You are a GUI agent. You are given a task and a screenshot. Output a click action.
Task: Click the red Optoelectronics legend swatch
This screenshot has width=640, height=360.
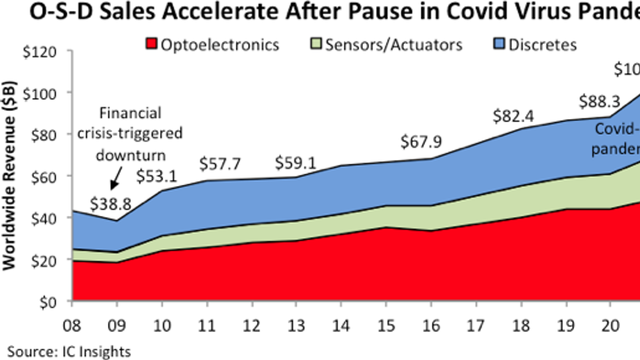[152, 44]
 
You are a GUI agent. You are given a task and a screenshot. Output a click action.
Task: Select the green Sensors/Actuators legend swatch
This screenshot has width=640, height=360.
[316, 44]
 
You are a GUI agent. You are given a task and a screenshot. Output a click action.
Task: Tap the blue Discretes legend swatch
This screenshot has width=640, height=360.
[499, 44]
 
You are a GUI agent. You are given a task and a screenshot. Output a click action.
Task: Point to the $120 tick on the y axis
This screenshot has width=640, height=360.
[40, 52]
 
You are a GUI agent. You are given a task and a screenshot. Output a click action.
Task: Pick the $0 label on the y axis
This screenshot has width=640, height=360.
[47, 302]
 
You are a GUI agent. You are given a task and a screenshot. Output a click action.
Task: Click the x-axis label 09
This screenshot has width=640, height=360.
[117, 326]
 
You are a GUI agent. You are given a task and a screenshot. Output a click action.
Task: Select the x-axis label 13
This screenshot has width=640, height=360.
[296, 326]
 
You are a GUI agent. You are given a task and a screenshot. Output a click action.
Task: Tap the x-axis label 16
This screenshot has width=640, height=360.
[431, 326]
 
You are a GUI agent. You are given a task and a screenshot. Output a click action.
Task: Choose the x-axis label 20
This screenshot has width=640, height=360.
[610, 326]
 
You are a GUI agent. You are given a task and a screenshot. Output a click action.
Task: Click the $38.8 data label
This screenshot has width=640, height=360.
[110, 204]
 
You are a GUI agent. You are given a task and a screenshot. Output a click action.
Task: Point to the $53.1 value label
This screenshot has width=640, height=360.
[156, 176]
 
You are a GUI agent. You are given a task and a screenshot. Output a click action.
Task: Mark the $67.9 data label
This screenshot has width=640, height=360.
[421, 142]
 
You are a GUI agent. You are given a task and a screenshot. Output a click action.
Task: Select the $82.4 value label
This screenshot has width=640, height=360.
[513, 116]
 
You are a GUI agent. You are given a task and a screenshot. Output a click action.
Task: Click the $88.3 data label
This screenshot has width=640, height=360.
[600, 102]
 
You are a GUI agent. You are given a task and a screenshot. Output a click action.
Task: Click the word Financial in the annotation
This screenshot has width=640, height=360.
[130, 113]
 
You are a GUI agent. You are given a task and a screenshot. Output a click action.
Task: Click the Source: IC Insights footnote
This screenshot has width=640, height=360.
[69, 352]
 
